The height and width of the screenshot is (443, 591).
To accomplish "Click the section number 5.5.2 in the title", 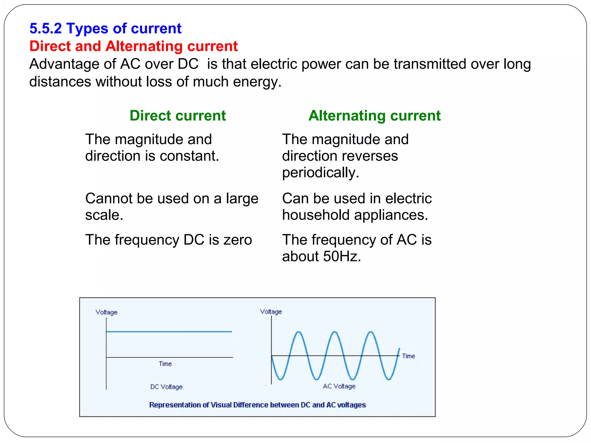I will [46, 28].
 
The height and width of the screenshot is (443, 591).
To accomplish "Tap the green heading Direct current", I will [177, 116].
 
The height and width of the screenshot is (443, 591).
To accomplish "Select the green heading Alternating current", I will [374, 116].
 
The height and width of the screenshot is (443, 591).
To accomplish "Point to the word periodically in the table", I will [320, 172].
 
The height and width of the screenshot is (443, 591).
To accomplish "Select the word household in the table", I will [316, 215].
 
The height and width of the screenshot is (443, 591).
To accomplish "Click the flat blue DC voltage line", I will [169, 332].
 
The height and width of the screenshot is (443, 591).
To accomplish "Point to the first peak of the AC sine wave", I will [299, 333].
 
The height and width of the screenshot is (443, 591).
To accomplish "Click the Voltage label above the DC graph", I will [106, 312].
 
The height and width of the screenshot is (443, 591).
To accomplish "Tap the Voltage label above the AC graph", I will [271, 312].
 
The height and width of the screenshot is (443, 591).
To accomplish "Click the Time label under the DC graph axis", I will [165, 364].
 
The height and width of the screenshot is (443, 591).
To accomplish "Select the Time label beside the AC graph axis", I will [408, 356].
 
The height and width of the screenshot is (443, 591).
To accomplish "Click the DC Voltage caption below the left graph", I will [166, 387].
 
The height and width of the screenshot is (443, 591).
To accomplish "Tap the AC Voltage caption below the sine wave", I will [339, 386].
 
